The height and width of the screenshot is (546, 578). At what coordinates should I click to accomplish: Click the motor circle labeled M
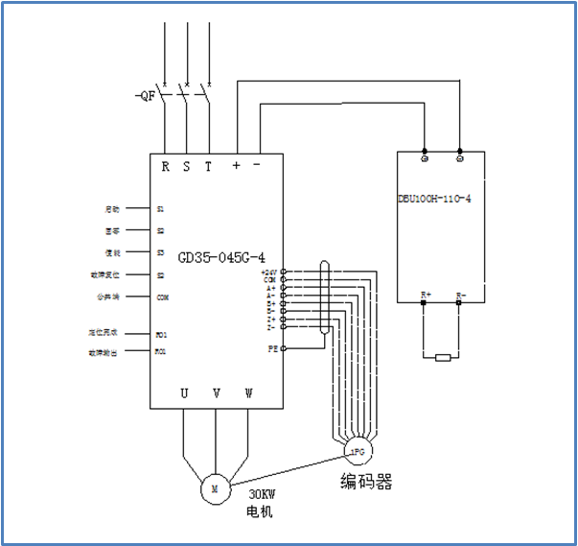click(x=215, y=488)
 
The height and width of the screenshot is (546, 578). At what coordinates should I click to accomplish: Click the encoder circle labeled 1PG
click(x=357, y=449)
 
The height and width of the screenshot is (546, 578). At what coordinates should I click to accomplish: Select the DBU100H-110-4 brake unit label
click(x=434, y=198)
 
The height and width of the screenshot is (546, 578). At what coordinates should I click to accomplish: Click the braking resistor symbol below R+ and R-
click(x=442, y=358)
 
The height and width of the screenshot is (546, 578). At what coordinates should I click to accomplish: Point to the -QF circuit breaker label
click(x=146, y=96)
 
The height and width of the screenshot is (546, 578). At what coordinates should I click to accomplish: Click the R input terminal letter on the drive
click(x=166, y=166)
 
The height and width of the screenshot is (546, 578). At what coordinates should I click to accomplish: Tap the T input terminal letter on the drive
click(x=208, y=166)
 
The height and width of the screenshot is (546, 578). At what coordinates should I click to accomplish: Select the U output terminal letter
click(x=185, y=392)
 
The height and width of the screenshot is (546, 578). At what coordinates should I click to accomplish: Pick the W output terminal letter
click(x=248, y=392)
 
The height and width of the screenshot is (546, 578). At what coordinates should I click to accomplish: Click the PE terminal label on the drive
click(x=272, y=349)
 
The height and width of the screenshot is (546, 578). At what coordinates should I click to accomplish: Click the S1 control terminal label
click(x=161, y=208)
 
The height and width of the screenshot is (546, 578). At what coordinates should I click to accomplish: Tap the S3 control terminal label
click(x=161, y=253)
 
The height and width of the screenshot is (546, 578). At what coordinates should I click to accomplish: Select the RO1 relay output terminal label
click(x=161, y=352)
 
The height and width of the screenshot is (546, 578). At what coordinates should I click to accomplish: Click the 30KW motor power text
click(x=262, y=494)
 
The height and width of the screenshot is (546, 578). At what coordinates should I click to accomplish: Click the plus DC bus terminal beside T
click(x=237, y=165)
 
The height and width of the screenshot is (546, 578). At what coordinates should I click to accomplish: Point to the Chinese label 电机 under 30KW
click(x=260, y=512)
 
